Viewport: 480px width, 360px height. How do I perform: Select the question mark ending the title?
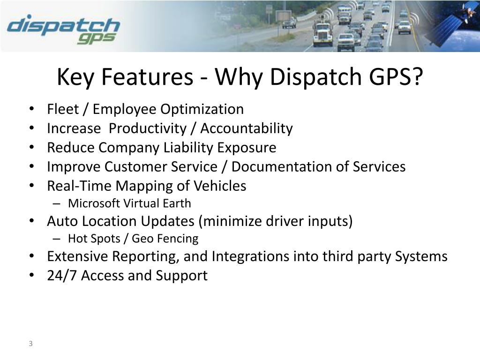pos(416,77)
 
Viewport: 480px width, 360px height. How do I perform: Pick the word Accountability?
pos(247,128)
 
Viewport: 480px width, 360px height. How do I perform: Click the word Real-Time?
pos(79,186)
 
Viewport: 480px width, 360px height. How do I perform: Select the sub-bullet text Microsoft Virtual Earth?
pos(129,203)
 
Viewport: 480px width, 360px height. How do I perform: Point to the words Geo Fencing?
pos(165,239)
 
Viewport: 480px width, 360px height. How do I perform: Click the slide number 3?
pos(30,344)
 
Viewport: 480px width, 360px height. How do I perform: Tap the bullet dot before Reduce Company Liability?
pos(31,148)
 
